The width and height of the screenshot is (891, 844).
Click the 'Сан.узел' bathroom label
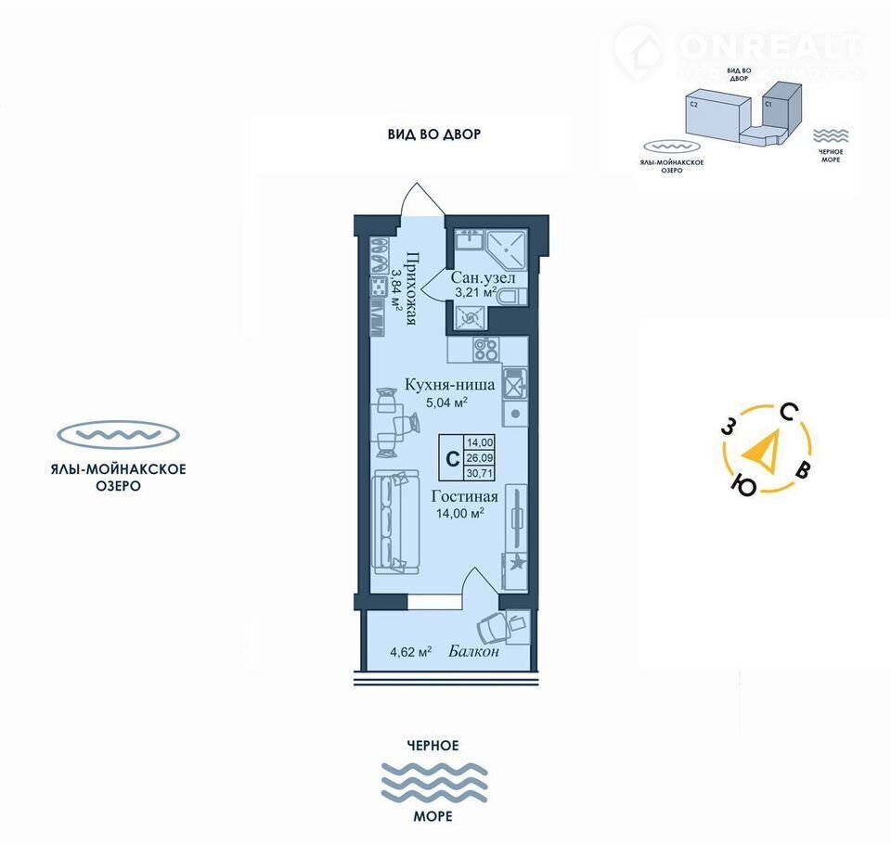pyautogui.click(x=483, y=277)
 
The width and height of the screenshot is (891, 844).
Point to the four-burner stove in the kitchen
pyautogui.click(x=485, y=350)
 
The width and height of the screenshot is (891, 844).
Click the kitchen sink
pyautogui.click(x=514, y=381)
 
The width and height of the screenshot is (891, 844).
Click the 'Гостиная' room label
pyautogui.click(x=465, y=496)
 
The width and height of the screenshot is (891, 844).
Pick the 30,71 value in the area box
pyautogui.click(x=480, y=472)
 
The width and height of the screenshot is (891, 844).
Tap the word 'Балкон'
pyautogui.click(x=473, y=651)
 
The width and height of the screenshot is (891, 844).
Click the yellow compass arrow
pyautogui.click(x=766, y=452)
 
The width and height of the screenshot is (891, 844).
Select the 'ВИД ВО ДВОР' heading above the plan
pyautogui.click(x=433, y=134)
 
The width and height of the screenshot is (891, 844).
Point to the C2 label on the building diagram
pyautogui.click(x=693, y=106)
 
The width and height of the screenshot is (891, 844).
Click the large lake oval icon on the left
pyautogui.click(x=117, y=434)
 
